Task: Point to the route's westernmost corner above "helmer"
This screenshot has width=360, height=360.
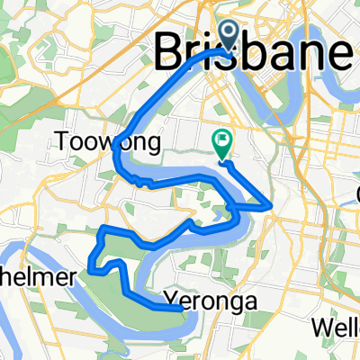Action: pos(90,266)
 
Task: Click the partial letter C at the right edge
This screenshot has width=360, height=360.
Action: pos(356,194)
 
